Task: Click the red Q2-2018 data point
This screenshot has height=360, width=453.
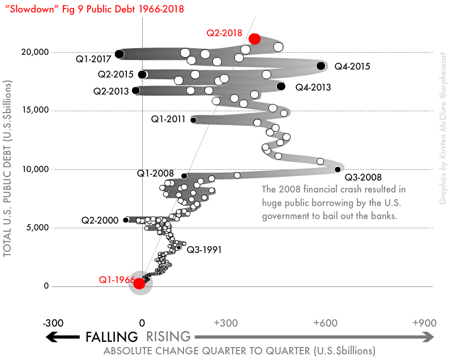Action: pos(254,38)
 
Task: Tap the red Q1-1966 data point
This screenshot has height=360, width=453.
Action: pos(139,283)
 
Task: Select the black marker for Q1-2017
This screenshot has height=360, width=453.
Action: pos(119,54)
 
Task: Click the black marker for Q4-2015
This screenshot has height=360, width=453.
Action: pos(321,66)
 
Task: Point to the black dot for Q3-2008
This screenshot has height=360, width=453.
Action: pos(337,169)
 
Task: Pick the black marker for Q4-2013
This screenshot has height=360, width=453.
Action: pos(281,86)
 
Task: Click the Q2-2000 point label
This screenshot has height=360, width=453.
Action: pos(100,220)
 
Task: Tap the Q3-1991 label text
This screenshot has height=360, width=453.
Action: pos(204,249)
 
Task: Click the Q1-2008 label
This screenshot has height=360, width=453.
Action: pos(155,173)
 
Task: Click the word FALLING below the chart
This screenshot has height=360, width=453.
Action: pos(112,337)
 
